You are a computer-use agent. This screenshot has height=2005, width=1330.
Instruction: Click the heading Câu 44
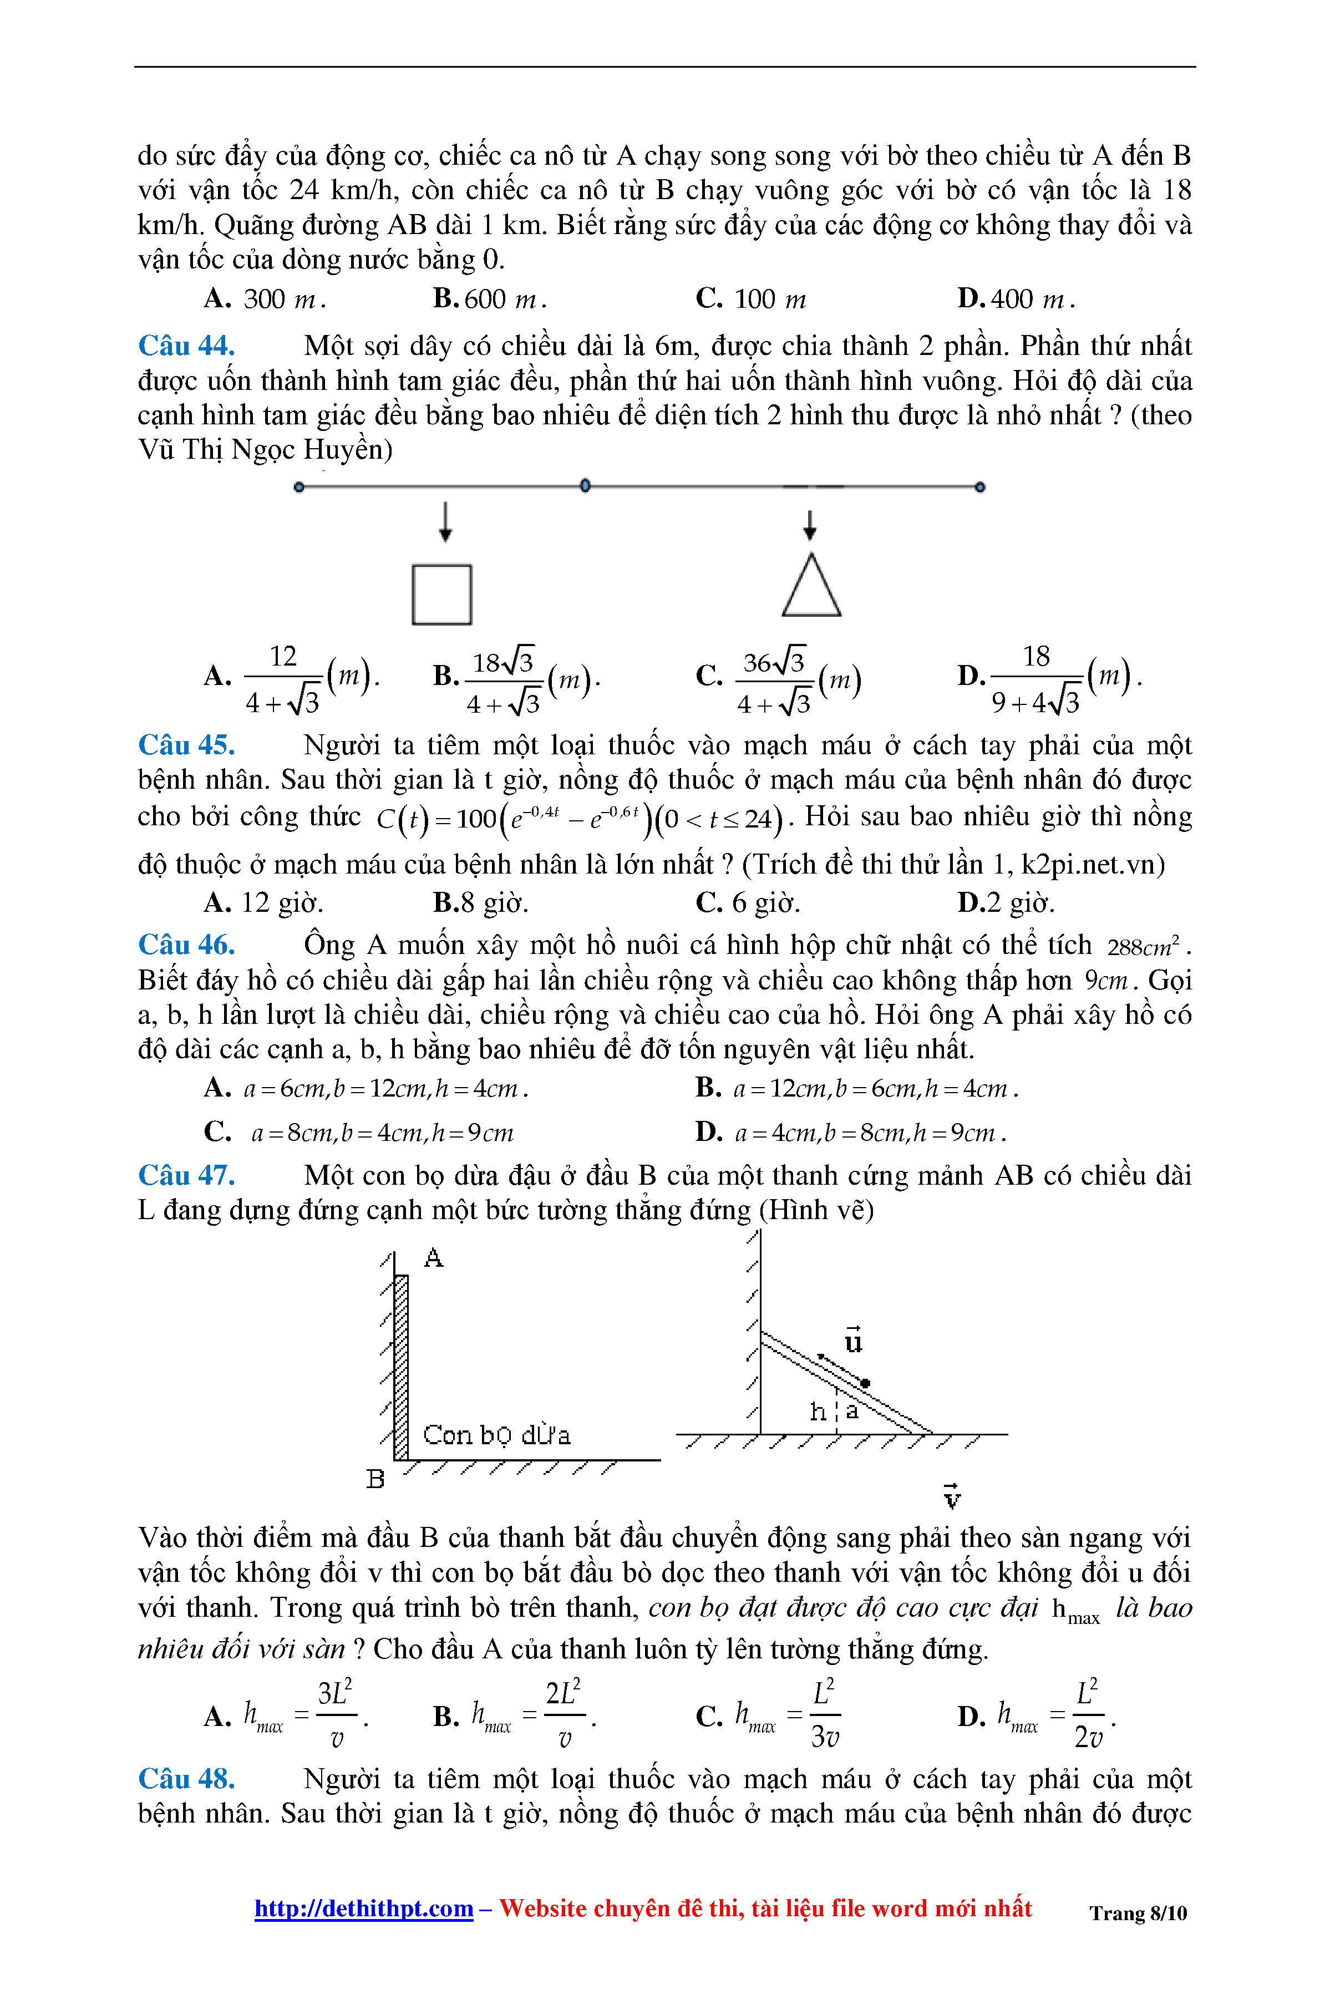point(186,346)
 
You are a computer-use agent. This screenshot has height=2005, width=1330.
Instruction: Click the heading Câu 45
point(186,745)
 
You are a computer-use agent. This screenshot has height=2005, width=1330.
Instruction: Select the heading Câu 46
point(186,945)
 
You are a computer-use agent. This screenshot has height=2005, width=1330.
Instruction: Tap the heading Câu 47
point(186,1175)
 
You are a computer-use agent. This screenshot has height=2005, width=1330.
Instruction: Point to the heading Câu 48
point(186,1779)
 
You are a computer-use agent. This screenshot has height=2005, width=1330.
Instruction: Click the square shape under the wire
point(442,595)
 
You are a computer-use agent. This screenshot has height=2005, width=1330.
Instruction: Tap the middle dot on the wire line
point(585,486)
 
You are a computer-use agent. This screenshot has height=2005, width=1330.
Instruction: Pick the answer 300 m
point(265,300)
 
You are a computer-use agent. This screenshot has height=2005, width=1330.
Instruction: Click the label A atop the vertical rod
point(433,1258)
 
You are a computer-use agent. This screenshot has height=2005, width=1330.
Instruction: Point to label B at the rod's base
point(375,1479)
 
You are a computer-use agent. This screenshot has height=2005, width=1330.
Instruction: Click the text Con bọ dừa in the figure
point(496,1435)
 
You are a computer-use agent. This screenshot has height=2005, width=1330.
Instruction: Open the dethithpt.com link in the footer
point(364,1908)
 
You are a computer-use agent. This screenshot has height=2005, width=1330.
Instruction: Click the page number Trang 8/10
point(1138,1913)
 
